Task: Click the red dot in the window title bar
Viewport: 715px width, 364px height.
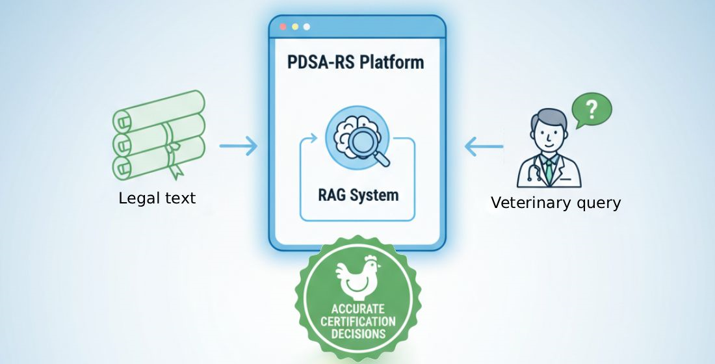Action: coord(282,27)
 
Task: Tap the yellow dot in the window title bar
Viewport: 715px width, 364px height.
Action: coord(294,27)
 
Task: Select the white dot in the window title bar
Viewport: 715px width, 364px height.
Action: coord(307,27)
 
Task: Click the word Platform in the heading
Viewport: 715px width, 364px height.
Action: coord(391,62)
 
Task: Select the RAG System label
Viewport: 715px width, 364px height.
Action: coord(358,194)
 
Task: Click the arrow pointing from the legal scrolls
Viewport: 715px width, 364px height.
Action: coord(238,146)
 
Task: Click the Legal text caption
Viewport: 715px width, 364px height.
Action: coord(157,198)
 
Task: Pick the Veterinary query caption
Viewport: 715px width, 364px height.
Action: coord(556,203)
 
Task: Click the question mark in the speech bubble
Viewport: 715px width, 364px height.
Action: coord(591,110)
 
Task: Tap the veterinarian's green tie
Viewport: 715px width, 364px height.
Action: coord(550,170)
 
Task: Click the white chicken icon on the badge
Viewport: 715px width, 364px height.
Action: coord(356,276)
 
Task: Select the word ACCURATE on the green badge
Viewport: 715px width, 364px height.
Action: coord(357,309)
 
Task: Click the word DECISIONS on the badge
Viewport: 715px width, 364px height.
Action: coord(357,334)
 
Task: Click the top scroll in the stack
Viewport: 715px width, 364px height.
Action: coord(159,110)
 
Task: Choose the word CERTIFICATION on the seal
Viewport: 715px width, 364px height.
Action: coord(357,321)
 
